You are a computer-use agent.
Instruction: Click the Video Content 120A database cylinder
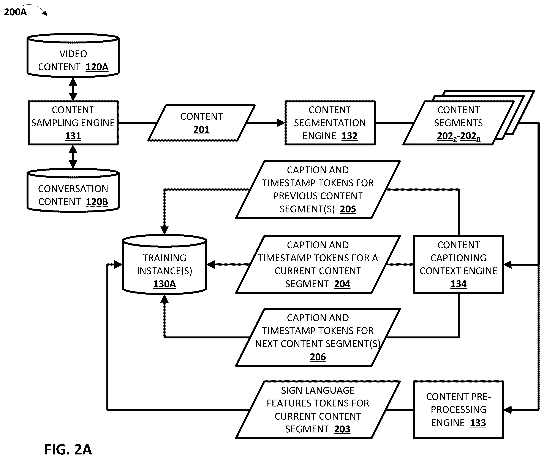click(x=73, y=55)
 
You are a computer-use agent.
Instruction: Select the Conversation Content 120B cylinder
click(x=73, y=190)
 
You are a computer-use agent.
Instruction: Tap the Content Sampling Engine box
click(x=73, y=123)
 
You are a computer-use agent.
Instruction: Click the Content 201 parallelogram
click(x=201, y=123)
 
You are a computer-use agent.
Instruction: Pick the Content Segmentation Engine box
click(x=330, y=123)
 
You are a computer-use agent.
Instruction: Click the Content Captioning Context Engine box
click(x=459, y=264)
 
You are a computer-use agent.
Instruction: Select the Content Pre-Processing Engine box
click(x=459, y=410)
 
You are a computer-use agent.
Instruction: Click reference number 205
click(x=348, y=209)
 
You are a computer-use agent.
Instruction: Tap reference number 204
click(x=342, y=284)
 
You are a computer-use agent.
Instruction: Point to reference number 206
click(x=318, y=357)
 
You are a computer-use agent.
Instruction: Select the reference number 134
click(x=459, y=284)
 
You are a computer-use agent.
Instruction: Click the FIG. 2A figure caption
click(x=68, y=449)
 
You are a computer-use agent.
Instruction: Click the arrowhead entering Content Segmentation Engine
click(x=281, y=123)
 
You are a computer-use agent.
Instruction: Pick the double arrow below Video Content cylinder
click(x=73, y=89)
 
